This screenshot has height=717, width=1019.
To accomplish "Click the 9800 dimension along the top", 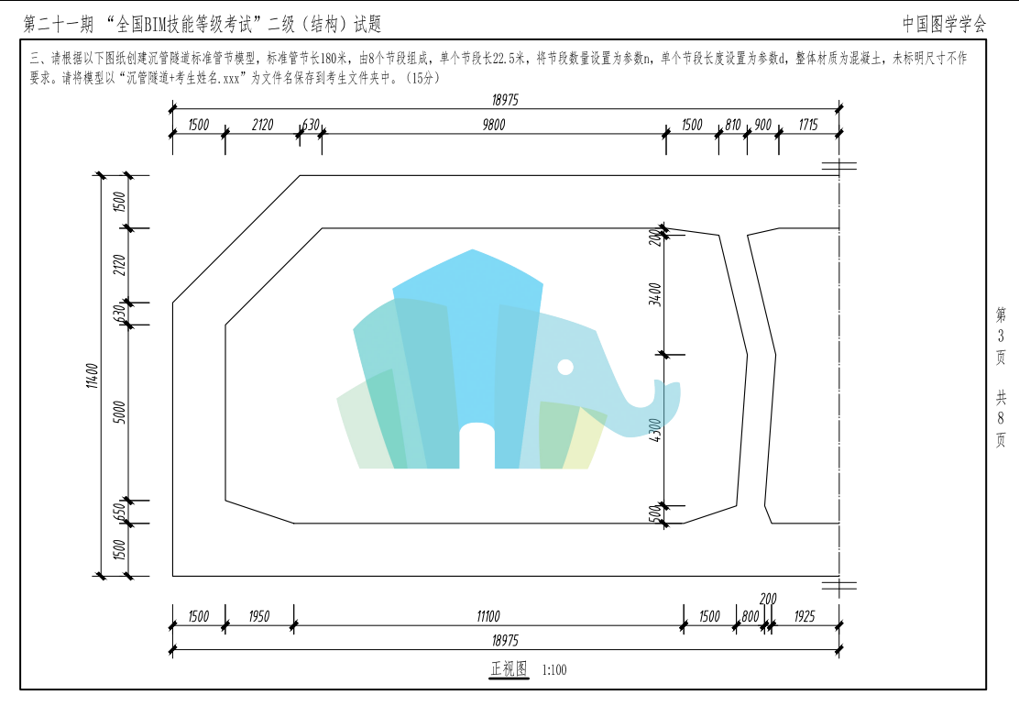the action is [494, 124].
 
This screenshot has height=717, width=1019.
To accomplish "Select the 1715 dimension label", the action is [808, 124].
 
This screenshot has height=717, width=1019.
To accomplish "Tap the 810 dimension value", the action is [733, 124].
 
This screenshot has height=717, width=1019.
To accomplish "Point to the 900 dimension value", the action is [763, 124].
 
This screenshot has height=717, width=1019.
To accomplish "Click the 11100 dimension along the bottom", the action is [488, 616].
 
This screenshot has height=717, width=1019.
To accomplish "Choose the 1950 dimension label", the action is [258, 616].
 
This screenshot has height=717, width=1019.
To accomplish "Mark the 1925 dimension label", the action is [805, 616].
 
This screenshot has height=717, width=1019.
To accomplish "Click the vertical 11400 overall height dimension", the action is [93, 376].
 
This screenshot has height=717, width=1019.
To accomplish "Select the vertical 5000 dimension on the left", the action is [119, 412].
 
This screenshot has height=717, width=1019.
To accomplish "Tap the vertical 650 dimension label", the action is [119, 512].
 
